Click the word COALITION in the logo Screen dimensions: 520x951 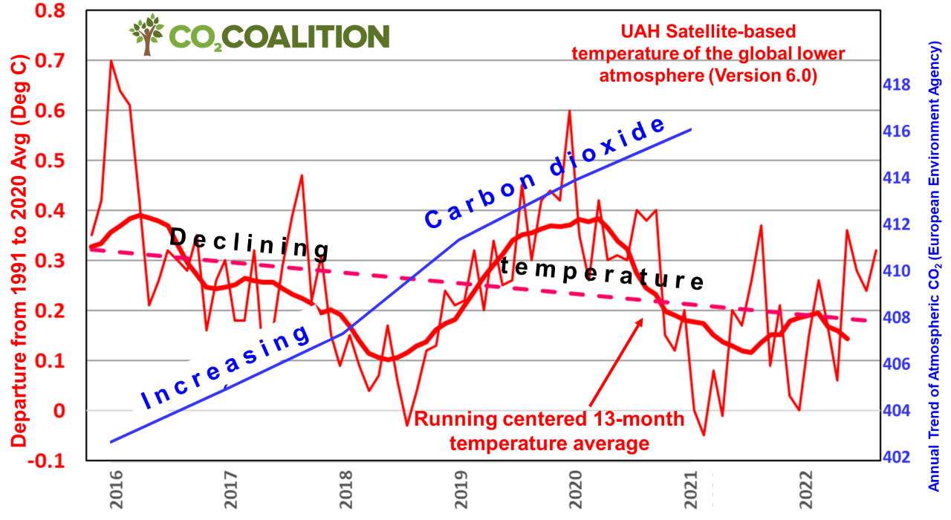[x=319, y=36]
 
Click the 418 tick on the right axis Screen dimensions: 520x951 [x=897, y=85]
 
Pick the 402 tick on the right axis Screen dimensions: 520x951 [x=897, y=457]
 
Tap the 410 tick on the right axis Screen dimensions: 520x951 [x=897, y=271]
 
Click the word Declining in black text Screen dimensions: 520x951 [x=249, y=243]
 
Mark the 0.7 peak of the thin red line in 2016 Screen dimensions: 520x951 [x=111, y=61]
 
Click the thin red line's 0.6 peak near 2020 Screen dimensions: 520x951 [x=569, y=111]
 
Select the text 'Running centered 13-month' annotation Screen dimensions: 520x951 [x=549, y=420]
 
